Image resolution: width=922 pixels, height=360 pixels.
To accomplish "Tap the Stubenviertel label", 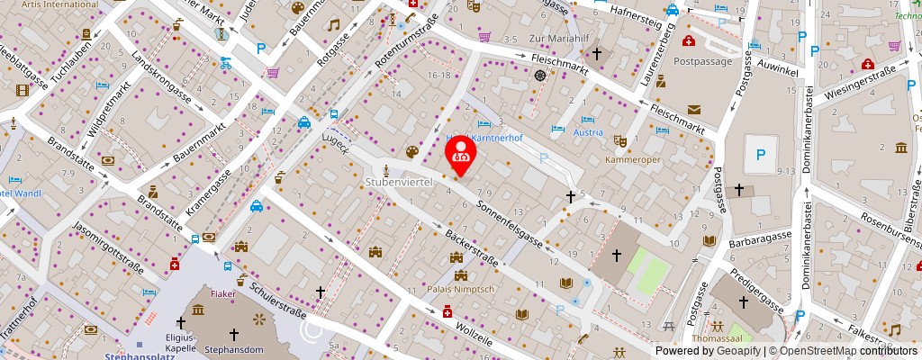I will [399, 182].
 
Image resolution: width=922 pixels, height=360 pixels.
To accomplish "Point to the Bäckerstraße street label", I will [471, 248].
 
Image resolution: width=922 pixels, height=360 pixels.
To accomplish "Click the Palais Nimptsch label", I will [461, 289].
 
